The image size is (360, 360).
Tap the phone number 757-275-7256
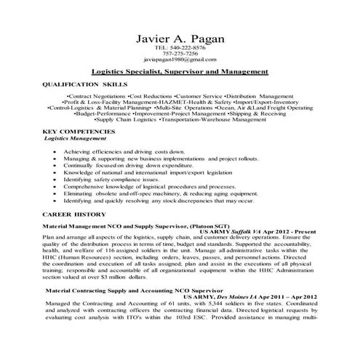coord(180,53)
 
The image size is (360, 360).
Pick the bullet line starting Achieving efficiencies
coord(124,151)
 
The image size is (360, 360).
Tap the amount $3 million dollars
coord(105,278)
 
